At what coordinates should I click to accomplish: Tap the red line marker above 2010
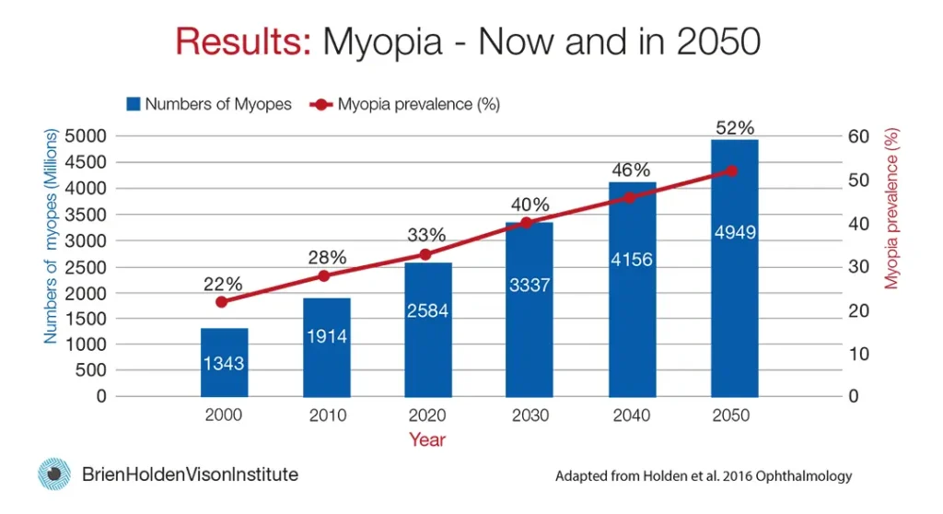(x=324, y=275)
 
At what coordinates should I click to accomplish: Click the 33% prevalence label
(x=426, y=235)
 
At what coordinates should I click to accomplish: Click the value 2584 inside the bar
(x=426, y=311)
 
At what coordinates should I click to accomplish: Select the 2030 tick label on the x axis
(x=529, y=415)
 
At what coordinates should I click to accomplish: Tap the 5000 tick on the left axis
(x=89, y=136)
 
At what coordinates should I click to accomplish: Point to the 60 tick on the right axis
(x=858, y=136)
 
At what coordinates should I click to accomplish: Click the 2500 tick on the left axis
(x=89, y=266)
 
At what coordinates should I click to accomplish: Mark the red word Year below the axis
(x=427, y=439)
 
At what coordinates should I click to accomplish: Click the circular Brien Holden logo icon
(x=54, y=474)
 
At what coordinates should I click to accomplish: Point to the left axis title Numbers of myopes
(x=52, y=238)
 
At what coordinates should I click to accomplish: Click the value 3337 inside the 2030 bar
(x=529, y=286)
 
